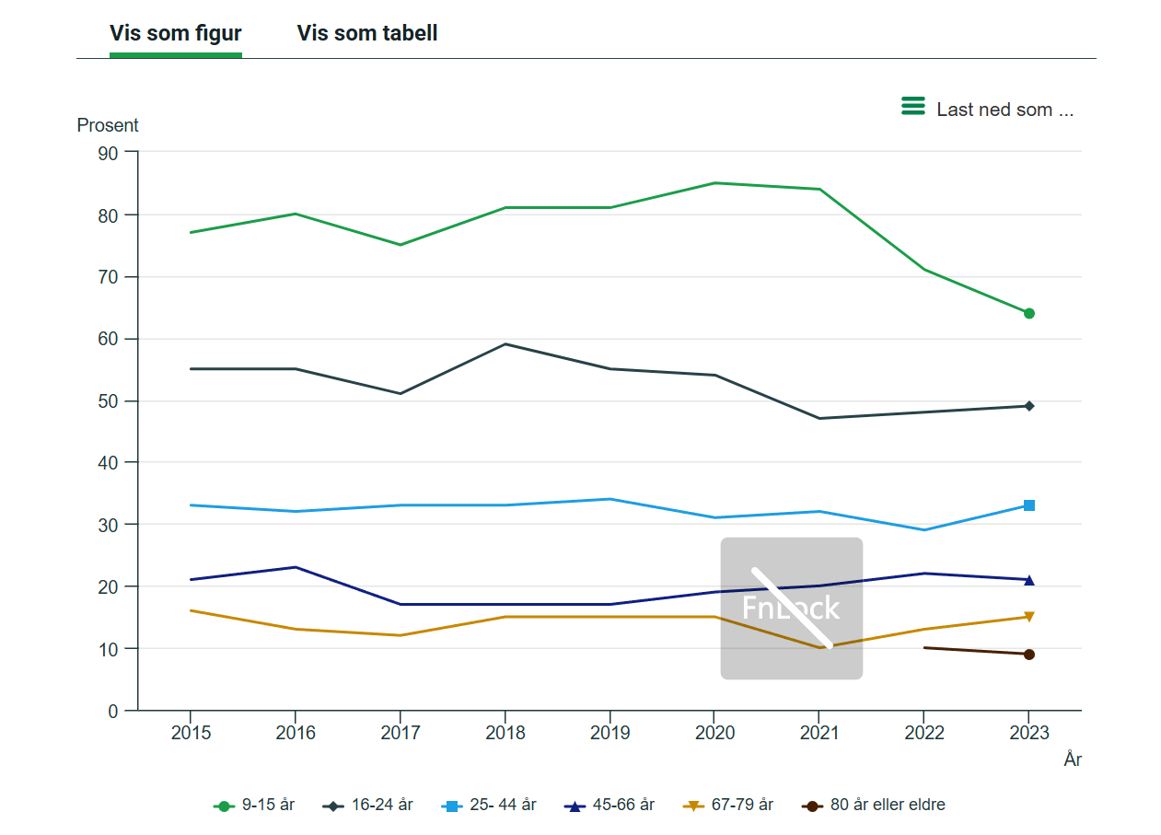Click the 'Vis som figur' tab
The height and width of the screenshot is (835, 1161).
[175, 33]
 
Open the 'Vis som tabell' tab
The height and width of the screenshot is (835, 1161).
[367, 33]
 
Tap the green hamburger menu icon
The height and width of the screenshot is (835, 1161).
[912, 106]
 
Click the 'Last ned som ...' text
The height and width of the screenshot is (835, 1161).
[1004, 110]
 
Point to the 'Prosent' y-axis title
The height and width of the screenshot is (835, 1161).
[108, 125]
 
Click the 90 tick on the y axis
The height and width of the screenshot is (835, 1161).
[108, 154]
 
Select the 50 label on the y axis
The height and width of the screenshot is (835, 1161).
[108, 401]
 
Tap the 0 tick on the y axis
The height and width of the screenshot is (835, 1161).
[113, 712]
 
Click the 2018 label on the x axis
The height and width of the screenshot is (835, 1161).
[505, 733]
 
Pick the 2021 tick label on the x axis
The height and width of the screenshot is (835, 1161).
[819, 733]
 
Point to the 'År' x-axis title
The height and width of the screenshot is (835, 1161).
[1073, 760]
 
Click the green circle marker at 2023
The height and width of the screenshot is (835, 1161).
[1028, 314]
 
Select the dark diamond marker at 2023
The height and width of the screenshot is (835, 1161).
[1028, 406]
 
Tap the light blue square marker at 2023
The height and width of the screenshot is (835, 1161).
[1028, 505]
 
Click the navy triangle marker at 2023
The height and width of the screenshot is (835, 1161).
[1028, 580]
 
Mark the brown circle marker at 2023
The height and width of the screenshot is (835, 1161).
[1028, 655]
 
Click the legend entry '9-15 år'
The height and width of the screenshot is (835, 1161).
[253, 805]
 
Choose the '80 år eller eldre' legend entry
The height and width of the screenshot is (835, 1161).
[874, 805]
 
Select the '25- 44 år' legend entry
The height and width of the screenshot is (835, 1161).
[488, 805]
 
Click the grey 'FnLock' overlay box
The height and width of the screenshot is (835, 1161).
[792, 609]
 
